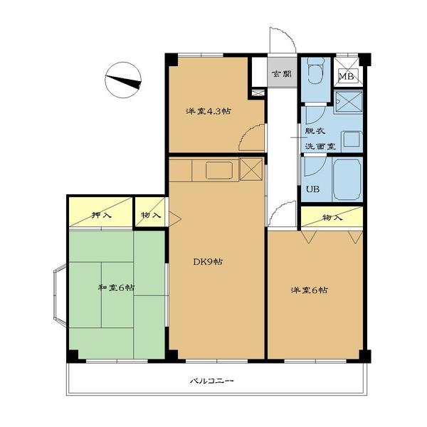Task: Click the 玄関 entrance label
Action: (282, 74)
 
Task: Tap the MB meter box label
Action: (346, 76)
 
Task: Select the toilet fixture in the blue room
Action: (315, 70)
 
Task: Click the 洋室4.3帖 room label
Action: (209, 111)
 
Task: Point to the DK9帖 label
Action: (208, 262)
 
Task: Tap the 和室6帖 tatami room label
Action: (116, 288)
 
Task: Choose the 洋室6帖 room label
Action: (310, 290)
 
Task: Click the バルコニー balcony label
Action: (211, 381)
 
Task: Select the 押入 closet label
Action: (101, 215)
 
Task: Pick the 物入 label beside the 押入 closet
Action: (151, 215)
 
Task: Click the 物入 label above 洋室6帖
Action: (332, 218)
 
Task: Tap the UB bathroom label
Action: (312, 189)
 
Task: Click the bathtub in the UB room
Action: (347, 180)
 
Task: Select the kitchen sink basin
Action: (219, 171)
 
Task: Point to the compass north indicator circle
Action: (123, 80)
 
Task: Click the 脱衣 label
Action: (315, 131)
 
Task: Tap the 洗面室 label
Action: (320, 146)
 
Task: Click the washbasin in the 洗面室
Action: (352, 139)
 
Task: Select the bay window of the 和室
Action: (60, 295)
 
